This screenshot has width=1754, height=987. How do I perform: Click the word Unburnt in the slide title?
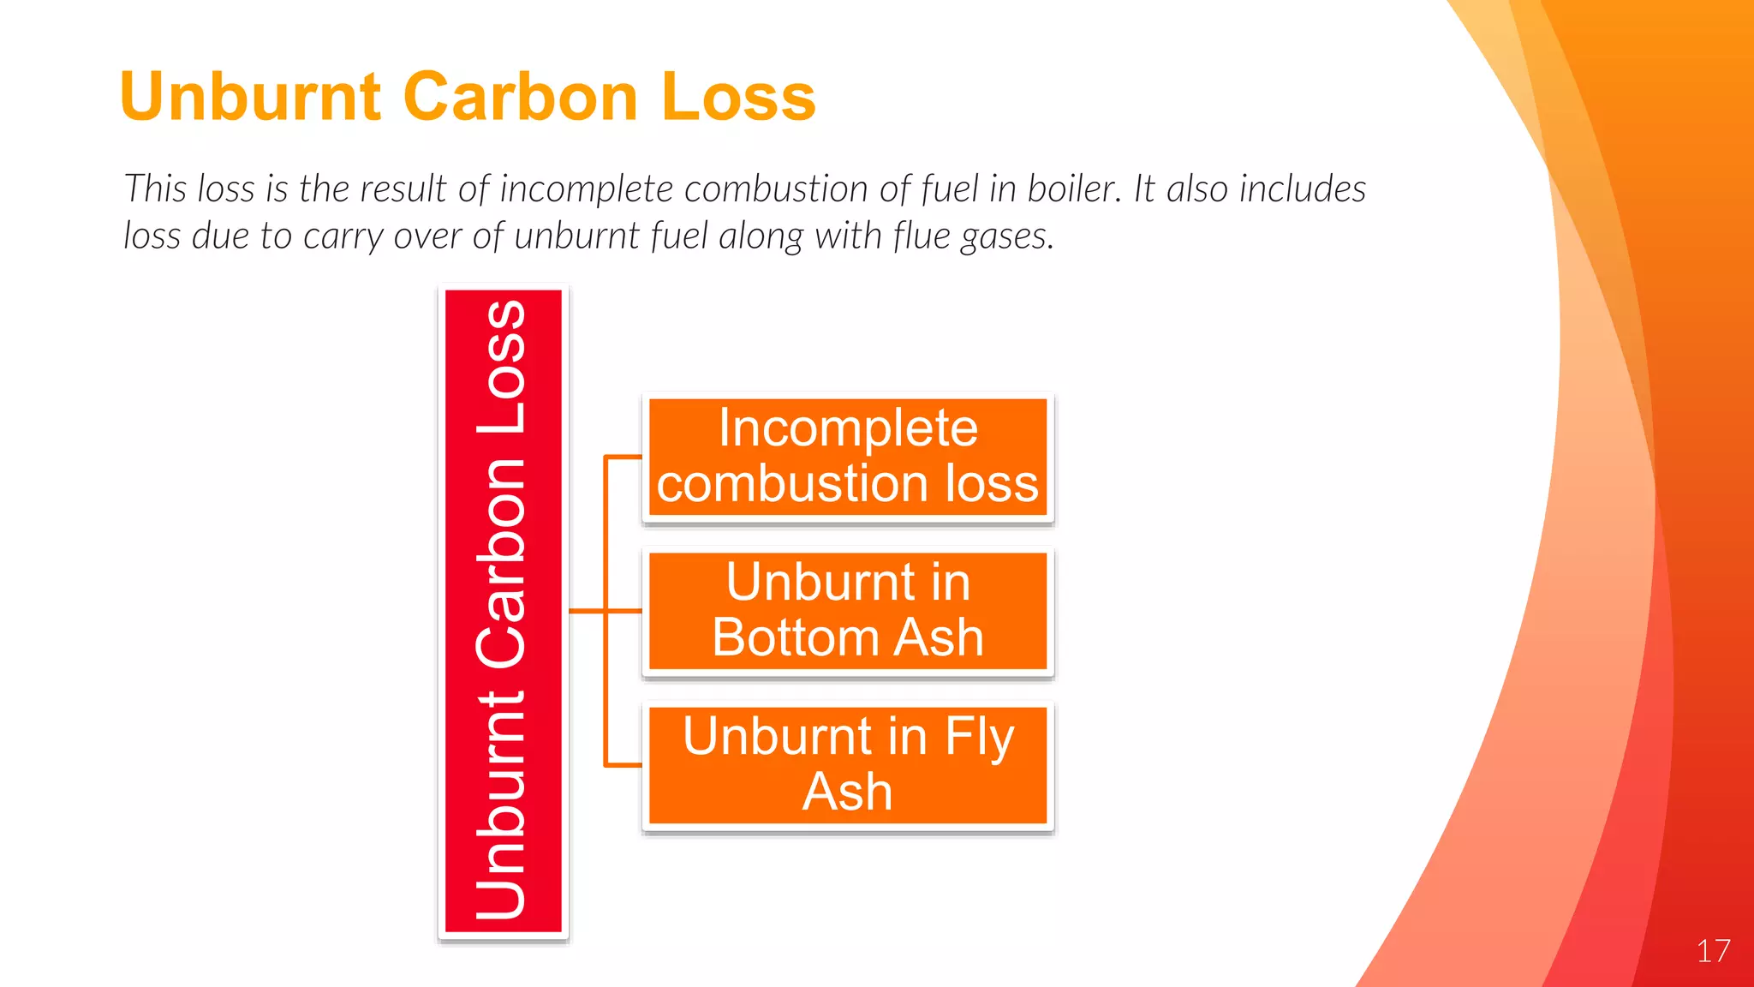point(250,96)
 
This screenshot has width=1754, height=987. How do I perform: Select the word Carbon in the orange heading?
point(520,96)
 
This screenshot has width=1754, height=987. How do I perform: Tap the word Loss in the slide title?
point(738,96)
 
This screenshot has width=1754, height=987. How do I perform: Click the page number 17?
point(1713,951)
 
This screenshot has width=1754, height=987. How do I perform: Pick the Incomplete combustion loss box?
point(847,458)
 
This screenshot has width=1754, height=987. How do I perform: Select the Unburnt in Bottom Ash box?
point(847,611)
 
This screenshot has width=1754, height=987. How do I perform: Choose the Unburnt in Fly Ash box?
point(847,765)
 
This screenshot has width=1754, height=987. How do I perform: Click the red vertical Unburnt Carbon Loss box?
point(503,611)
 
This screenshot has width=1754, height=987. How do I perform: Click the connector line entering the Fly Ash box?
point(623,764)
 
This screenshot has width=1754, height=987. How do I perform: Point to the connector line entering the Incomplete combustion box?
point(623,457)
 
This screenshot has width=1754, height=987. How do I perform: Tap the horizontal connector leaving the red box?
point(587,611)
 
